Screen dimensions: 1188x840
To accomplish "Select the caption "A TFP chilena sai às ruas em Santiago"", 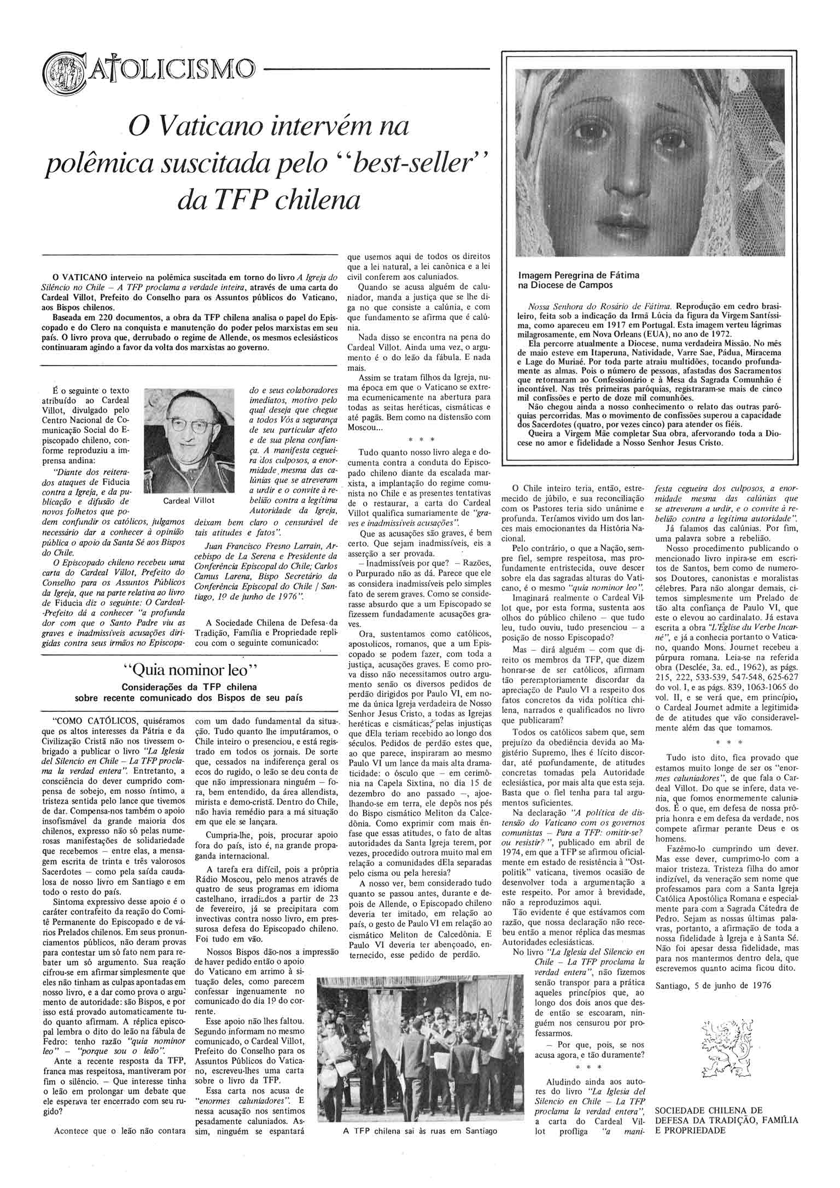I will (x=420, y=1172).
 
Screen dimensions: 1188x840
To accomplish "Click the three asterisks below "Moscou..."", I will (x=421, y=438).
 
